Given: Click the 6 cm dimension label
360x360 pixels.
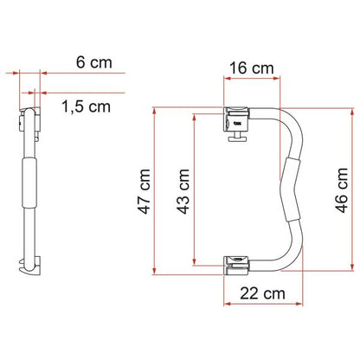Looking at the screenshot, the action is pyautogui.click(x=94, y=62).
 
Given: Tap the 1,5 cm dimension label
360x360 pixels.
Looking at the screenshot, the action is pyautogui.click(x=86, y=106).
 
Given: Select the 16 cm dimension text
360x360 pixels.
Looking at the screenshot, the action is pyautogui.click(x=252, y=68).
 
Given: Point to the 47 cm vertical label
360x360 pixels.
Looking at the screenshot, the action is pyautogui.click(x=145, y=191).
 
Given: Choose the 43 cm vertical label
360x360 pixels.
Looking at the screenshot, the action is pyautogui.click(x=183, y=191).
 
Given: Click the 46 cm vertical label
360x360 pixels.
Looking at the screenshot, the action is pyautogui.click(x=342, y=190).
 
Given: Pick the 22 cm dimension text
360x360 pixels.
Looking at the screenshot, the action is pyautogui.click(x=262, y=293).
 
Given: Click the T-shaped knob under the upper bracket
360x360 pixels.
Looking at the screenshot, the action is pyautogui.click(x=238, y=137).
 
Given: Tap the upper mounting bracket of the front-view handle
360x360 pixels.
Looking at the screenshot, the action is pyautogui.click(x=236, y=119).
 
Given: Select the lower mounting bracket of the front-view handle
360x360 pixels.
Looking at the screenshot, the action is pyautogui.click(x=236, y=265).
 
